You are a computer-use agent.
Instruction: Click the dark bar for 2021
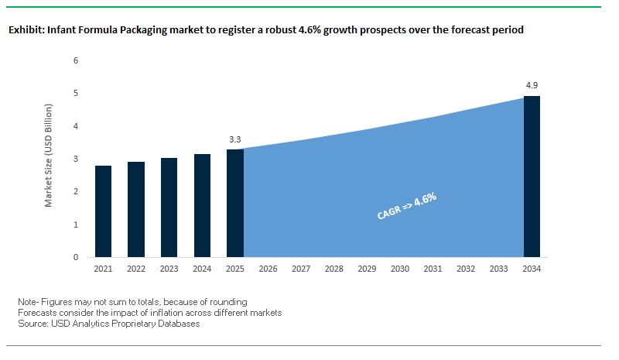coord(103,211)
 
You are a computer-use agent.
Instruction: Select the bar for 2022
coord(136,209)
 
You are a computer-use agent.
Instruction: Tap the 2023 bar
coord(169,207)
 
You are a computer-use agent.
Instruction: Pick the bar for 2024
coord(202,205)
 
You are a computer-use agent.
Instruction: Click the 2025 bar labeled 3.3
coord(235,203)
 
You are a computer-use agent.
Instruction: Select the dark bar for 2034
coord(532,177)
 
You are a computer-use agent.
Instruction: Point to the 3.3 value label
coord(235,139)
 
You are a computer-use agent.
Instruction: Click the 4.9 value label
coord(532,86)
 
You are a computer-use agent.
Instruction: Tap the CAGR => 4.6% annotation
coord(407,207)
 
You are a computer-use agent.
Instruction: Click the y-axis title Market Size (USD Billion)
coord(49,159)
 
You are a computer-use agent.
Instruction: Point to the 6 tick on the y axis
coord(76,60)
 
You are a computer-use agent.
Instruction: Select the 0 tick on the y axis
coord(76,257)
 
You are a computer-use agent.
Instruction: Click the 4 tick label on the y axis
coord(76,126)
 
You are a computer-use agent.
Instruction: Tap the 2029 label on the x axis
coord(368,269)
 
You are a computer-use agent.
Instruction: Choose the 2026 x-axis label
coord(268,269)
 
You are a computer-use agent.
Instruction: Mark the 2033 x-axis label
coord(499,269)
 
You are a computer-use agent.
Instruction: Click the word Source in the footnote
coord(33,324)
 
